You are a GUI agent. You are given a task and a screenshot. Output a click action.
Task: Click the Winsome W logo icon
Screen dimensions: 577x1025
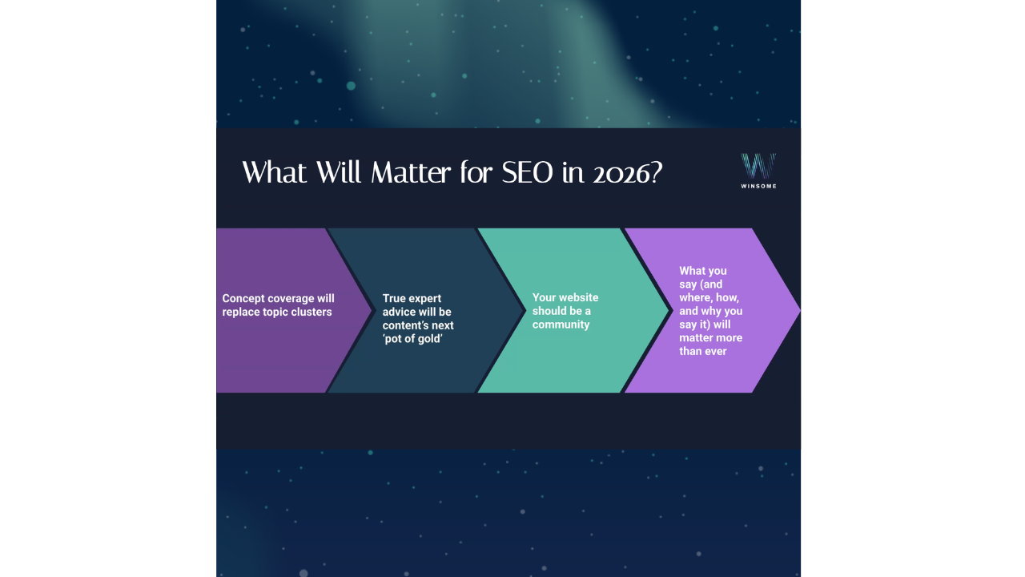tap(758, 166)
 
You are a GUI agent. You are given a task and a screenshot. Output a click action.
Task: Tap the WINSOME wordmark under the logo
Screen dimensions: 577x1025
tap(758, 186)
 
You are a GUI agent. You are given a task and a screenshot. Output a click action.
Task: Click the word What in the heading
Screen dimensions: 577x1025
tap(276, 172)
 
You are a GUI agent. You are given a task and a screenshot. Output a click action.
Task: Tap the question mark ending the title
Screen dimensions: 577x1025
tap(654, 172)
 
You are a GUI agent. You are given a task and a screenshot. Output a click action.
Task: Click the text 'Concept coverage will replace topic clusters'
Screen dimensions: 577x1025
tap(278, 305)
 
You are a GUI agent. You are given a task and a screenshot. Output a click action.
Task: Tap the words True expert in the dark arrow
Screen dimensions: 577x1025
tap(412, 298)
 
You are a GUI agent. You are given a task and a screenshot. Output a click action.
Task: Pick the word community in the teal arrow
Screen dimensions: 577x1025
tap(561, 325)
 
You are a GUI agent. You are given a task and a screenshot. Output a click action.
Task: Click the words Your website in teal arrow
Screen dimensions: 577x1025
tap(565, 297)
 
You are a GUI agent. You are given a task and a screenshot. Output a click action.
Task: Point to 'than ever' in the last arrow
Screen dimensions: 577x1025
tap(703, 351)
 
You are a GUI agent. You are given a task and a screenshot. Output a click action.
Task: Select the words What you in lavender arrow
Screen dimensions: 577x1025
tap(703, 271)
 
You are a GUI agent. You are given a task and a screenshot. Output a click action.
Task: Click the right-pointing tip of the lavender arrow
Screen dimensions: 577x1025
tap(797, 310)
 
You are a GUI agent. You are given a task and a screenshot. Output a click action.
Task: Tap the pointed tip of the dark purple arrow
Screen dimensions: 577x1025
tap(369, 310)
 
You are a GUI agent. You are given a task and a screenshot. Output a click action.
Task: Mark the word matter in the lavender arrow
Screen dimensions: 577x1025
tap(695, 337)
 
